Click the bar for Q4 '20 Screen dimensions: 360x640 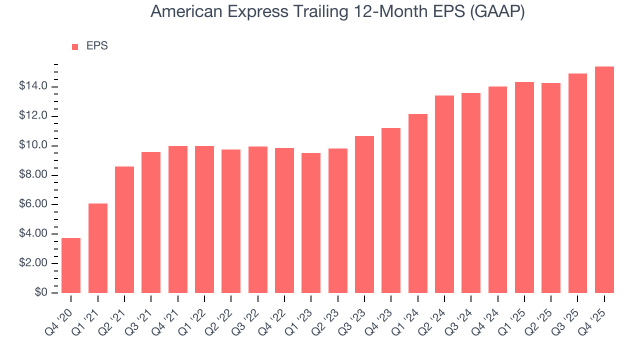[x=71, y=265]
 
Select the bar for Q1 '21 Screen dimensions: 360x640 [x=98, y=248]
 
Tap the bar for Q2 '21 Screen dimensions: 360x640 [x=124, y=229]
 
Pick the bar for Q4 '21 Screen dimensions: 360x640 [x=178, y=219]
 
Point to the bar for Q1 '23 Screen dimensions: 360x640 [x=311, y=223]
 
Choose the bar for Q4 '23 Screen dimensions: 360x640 [x=391, y=210]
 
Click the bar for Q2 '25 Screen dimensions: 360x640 [x=551, y=188]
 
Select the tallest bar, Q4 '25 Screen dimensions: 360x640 [x=604, y=180]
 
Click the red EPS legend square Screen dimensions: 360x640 [x=75, y=47]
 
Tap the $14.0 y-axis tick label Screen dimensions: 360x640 [x=33, y=87]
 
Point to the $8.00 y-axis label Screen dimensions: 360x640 [x=33, y=175]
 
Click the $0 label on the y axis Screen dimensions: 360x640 [x=41, y=293]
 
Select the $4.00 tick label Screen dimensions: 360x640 [x=33, y=234]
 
